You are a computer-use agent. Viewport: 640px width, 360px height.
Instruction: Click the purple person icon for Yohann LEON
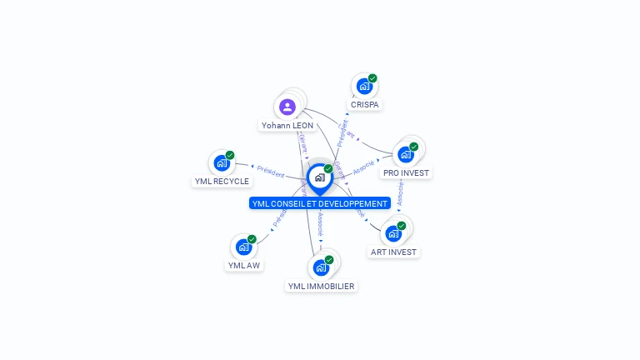click(x=287, y=107)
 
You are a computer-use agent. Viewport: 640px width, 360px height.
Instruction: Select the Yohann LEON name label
click(x=287, y=126)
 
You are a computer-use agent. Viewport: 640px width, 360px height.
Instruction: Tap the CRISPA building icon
click(x=363, y=86)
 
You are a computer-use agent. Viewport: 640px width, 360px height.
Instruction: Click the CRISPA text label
click(x=365, y=105)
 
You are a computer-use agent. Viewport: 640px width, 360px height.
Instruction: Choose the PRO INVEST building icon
click(x=405, y=154)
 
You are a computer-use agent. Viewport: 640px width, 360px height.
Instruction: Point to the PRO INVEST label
click(x=406, y=173)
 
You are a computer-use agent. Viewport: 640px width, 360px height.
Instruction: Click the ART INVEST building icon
click(x=393, y=233)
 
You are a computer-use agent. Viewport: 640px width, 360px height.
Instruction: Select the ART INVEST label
click(x=394, y=252)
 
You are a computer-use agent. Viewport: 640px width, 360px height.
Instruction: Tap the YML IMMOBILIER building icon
click(x=320, y=267)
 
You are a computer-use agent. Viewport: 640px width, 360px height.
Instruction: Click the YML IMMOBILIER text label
click(x=321, y=287)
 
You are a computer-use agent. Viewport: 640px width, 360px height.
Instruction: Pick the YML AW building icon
click(x=243, y=247)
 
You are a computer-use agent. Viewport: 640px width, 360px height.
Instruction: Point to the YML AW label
click(x=244, y=266)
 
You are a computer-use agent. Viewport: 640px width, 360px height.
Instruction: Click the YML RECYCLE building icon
click(x=221, y=162)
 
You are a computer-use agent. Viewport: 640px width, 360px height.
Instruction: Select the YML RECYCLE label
click(x=222, y=182)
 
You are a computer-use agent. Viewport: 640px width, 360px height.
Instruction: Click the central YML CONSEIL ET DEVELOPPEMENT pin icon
click(x=319, y=177)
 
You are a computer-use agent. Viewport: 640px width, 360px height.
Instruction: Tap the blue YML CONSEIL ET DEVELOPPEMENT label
click(x=319, y=203)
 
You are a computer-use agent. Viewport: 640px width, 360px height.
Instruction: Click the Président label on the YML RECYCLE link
click(x=270, y=171)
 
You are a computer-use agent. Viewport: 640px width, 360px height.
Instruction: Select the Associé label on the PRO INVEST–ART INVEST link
click(x=401, y=193)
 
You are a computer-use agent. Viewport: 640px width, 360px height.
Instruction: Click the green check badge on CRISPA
click(x=372, y=78)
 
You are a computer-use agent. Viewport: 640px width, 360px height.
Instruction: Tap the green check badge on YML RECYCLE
click(x=230, y=155)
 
